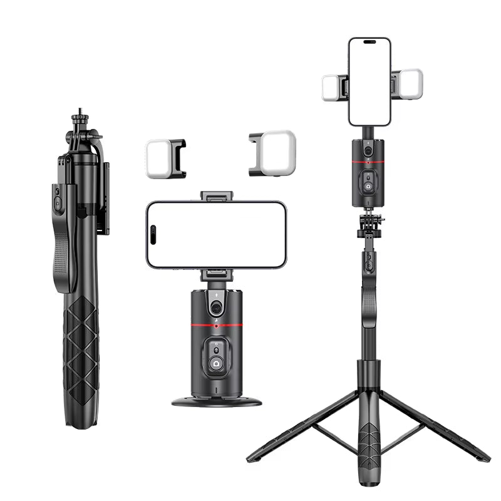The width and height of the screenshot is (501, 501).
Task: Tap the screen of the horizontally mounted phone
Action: pyautogui.click(x=217, y=235)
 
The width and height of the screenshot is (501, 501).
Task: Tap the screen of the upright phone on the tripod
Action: pyautogui.click(x=369, y=81)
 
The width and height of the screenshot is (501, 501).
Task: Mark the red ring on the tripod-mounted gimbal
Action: pyautogui.click(x=369, y=164)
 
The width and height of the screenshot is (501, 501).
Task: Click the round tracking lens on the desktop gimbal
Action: pyautogui.click(x=217, y=307)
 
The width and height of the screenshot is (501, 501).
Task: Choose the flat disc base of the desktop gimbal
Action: pyautogui.click(x=217, y=400)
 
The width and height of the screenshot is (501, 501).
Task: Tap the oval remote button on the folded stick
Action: pyautogui.click(x=57, y=204)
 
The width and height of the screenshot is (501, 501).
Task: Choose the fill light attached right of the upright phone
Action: pyautogui.click(x=410, y=83)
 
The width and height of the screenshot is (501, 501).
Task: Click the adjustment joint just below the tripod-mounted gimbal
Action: pyautogui.click(x=370, y=225)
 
